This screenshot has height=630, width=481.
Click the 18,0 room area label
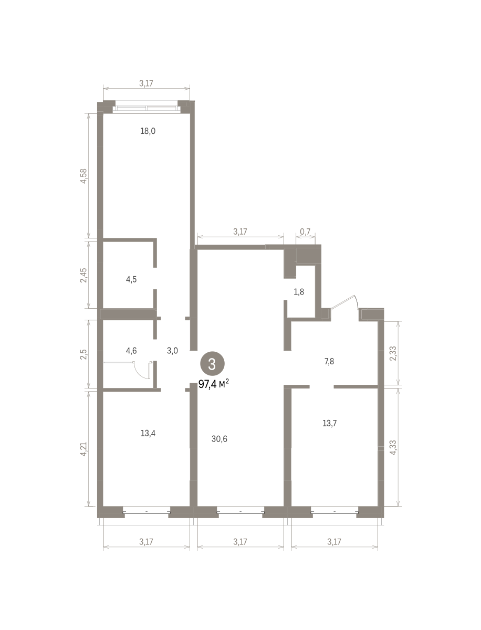148,131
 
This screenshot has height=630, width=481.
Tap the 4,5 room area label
131,279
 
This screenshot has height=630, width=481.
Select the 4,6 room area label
131,351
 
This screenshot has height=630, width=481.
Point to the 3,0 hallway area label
172,351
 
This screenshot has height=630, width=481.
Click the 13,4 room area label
148,433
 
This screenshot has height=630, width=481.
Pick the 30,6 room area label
219,439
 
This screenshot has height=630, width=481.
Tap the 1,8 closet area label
299,292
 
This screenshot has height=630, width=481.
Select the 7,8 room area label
329,361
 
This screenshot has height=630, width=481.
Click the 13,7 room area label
329,423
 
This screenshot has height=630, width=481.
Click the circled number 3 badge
212,364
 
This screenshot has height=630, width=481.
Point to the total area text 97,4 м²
214,383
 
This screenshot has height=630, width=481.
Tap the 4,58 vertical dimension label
83,176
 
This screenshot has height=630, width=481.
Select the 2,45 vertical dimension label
83,275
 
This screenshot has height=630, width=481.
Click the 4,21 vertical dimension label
83,449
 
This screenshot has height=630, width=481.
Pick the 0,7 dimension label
305,232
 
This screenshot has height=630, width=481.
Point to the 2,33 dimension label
393,354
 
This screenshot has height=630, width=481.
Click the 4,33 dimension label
393,447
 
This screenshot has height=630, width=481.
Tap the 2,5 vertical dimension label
83,354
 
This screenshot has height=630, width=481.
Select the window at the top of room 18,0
147,108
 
